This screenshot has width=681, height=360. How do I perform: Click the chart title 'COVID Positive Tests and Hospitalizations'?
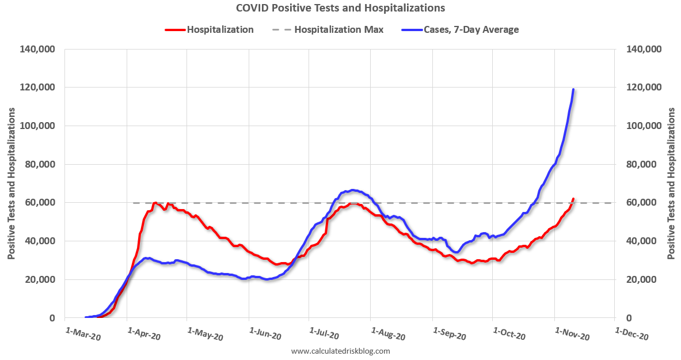click(x=340, y=8)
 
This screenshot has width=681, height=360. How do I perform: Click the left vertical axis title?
click(x=12, y=183)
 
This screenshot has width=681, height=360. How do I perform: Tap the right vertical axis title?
click(x=671, y=183)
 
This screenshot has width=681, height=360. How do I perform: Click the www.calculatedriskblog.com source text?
click(x=340, y=351)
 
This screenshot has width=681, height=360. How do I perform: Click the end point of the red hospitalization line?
click(x=573, y=199)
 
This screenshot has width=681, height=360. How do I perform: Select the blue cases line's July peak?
click(x=352, y=190)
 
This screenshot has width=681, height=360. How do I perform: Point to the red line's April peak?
click(x=155, y=203)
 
